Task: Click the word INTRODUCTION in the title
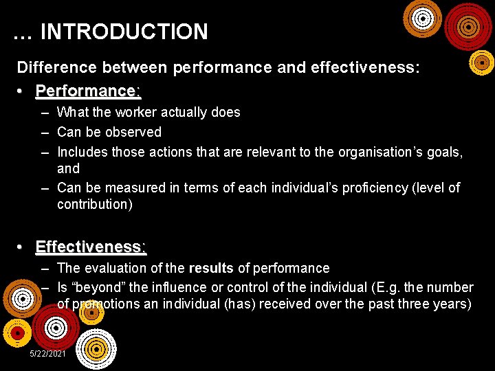tap(124, 32)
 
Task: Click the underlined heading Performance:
tap(88, 91)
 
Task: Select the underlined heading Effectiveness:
tap(91, 247)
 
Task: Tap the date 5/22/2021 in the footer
tap(48, 353)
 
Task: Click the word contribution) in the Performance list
tap(95, 204)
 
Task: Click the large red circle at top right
tap(468, 26)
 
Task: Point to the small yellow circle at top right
tap(481, 63)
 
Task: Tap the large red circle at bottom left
tap(56, 327)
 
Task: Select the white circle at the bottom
tap(96, 350)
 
